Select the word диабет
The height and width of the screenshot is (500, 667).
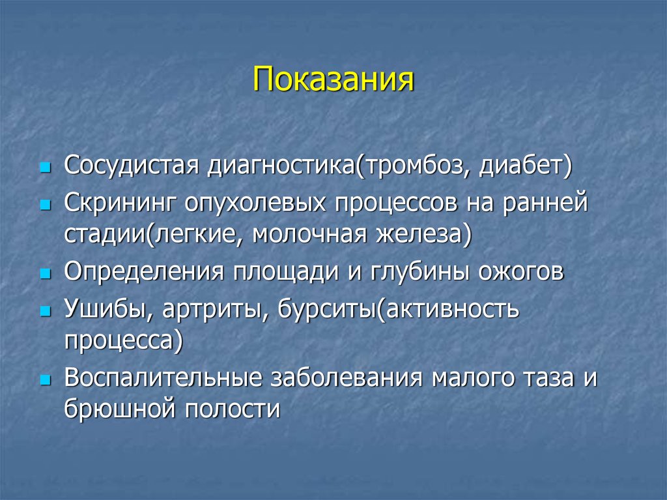pos(522,166)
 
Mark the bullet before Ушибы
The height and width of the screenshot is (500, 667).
pos(45,312)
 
